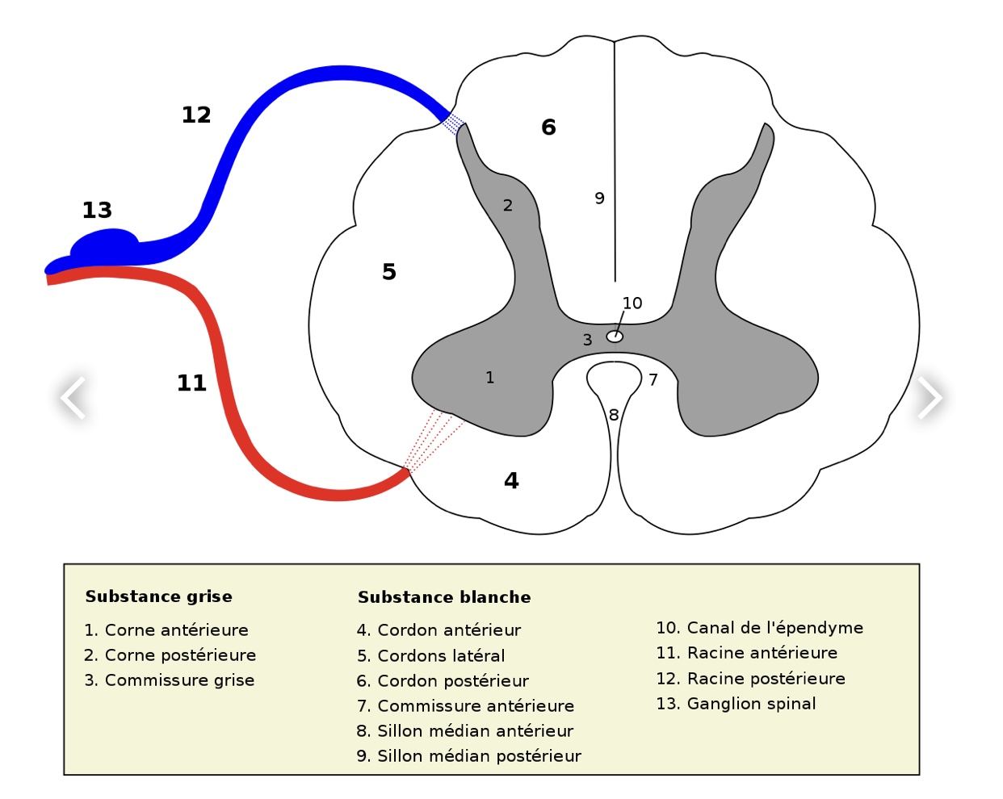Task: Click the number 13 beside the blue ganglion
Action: [x=97, y=211]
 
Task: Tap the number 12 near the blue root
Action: [x=196, y=115]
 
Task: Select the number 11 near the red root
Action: [x=191, y=383]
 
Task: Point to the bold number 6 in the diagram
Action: [x=548, y=128]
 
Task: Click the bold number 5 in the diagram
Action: [x=389, y=272]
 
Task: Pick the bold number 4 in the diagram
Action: [x=511, y=481]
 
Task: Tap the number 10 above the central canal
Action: [x=632, y=303]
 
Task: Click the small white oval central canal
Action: [x=615, y=337]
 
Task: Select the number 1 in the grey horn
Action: [x=489, y=378]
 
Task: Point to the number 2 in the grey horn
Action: [x=507, y=206]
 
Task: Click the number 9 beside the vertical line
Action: [x=599, y=199]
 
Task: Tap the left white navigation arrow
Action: [x=73, y=397]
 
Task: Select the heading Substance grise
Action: [x=158, y=597]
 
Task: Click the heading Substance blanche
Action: [x=444, y=598]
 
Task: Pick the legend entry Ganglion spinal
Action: [x=736, y=704]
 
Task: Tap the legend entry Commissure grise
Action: [x=169, y=680]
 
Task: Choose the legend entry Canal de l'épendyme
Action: [x=759, y=628]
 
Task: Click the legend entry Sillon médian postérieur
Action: [x=468, y=756]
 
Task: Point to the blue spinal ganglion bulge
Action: [x=105, y=244]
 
